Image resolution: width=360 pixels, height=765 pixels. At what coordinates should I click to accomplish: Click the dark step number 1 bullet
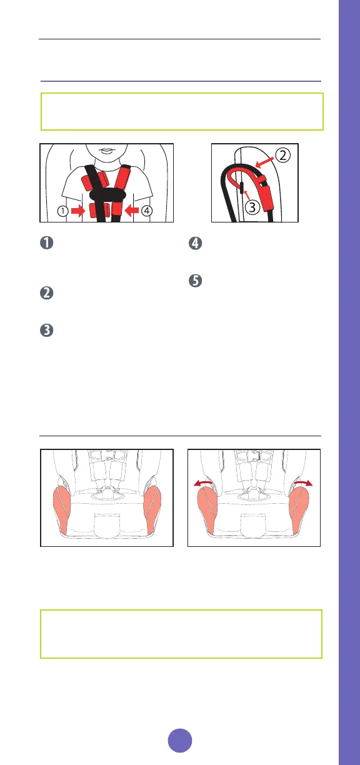47,243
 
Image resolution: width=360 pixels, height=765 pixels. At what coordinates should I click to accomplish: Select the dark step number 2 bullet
47,293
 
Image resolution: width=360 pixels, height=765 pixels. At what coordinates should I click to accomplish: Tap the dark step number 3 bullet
47,330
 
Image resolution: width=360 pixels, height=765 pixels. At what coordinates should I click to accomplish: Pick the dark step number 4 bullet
196,243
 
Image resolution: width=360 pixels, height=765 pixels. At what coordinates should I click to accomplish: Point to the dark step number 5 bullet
196,281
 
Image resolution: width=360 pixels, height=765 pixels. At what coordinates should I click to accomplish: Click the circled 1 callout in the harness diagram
63,211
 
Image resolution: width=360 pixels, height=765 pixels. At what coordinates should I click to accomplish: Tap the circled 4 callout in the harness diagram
147,211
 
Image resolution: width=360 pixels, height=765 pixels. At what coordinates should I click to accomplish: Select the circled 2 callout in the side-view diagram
282,156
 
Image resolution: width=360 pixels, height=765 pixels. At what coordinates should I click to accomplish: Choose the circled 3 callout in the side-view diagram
252,207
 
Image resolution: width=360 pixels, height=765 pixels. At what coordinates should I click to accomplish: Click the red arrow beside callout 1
78,211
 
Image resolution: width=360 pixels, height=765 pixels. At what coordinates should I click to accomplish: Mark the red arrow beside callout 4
131,211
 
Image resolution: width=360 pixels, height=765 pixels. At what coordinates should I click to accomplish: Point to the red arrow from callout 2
265,162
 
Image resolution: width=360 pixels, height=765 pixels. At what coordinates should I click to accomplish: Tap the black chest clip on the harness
107,195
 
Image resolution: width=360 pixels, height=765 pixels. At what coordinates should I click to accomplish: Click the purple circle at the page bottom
180,741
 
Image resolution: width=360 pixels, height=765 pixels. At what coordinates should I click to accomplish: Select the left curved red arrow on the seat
203,482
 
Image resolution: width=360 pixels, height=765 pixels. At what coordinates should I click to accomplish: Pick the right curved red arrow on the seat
303,482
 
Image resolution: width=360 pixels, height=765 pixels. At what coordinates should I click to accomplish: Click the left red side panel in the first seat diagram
61,509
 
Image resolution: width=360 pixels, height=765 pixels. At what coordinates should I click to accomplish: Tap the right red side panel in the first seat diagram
152,509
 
